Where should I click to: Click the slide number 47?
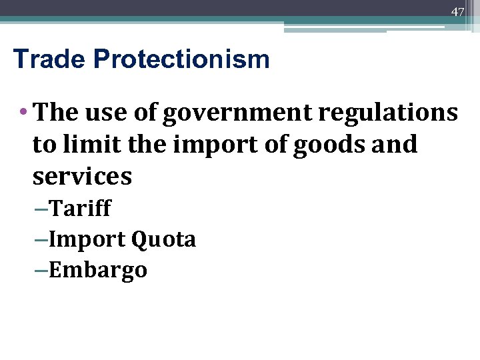point(457,12)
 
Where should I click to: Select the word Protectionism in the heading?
point(181,59)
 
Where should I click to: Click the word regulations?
point(388,113)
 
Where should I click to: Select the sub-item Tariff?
point(81,209)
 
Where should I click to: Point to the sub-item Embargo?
point(98,271)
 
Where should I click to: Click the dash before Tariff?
point(41,209)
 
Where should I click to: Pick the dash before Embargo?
point(41,271)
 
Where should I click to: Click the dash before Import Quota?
point(41,240)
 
